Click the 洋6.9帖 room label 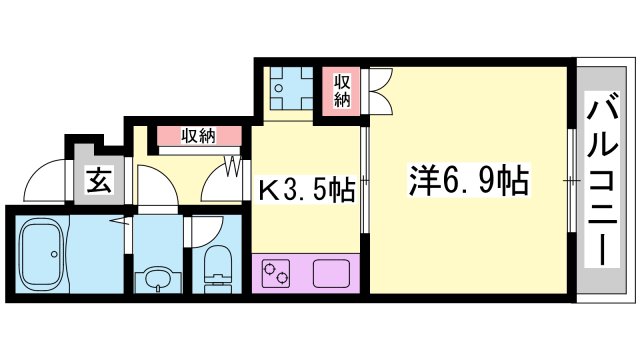468,180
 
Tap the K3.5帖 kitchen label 307,190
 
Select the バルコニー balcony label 602,179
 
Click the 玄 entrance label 99,181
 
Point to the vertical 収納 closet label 342,91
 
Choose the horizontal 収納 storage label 198,136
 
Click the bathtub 42,254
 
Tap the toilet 217,269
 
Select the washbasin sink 158,278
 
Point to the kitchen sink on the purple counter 331,273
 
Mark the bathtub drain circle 54,254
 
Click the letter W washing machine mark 233,165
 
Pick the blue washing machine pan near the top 291,88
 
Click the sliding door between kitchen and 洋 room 365,180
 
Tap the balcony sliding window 572,180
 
